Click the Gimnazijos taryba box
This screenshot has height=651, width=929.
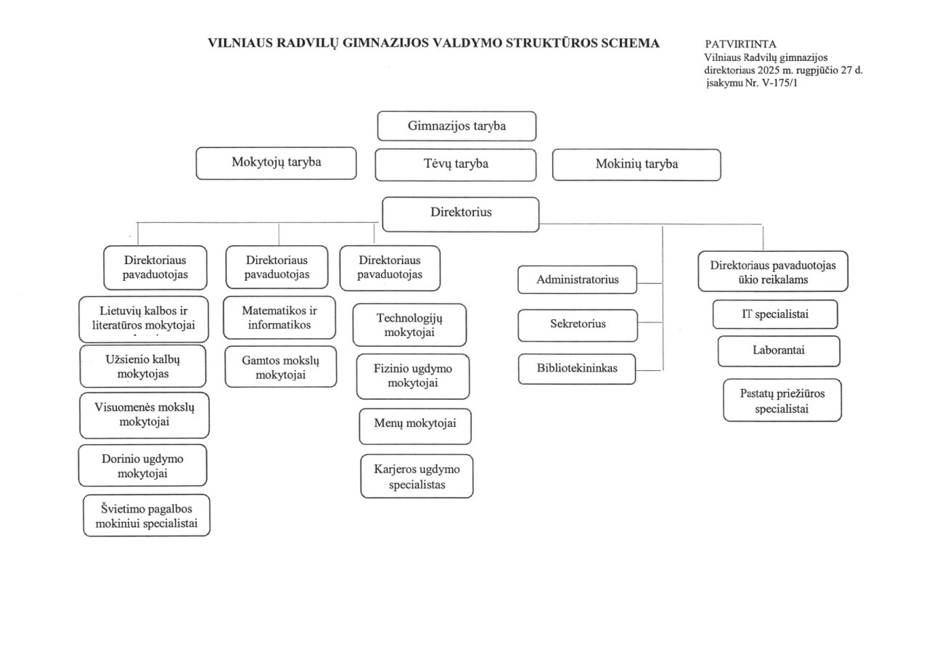pos(457,126)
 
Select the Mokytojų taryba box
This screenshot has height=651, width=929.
pos(276,163)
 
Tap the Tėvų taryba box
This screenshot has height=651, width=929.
pos(456,164)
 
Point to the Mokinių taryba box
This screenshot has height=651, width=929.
pos(637,164)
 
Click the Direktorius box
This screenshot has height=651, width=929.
pos(461,213)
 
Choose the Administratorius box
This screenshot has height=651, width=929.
pos(577,280)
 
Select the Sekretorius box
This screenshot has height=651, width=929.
pos(577,324)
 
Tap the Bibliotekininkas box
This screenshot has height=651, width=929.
pos(577,369)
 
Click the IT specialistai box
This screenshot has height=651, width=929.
pos(775,314)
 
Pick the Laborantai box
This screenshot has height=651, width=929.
pos(779,351)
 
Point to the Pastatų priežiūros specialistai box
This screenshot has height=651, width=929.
pos(782,400)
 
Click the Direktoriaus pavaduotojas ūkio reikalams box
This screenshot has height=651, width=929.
pos(773,272)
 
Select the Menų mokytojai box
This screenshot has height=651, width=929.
pos(416,426)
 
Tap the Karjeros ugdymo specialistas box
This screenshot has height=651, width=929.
pos(417,476)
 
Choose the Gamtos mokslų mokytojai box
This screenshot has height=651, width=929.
pos(280,367)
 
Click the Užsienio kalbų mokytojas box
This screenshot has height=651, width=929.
pos(143,366)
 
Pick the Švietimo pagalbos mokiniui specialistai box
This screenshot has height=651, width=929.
pos(147,515)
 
